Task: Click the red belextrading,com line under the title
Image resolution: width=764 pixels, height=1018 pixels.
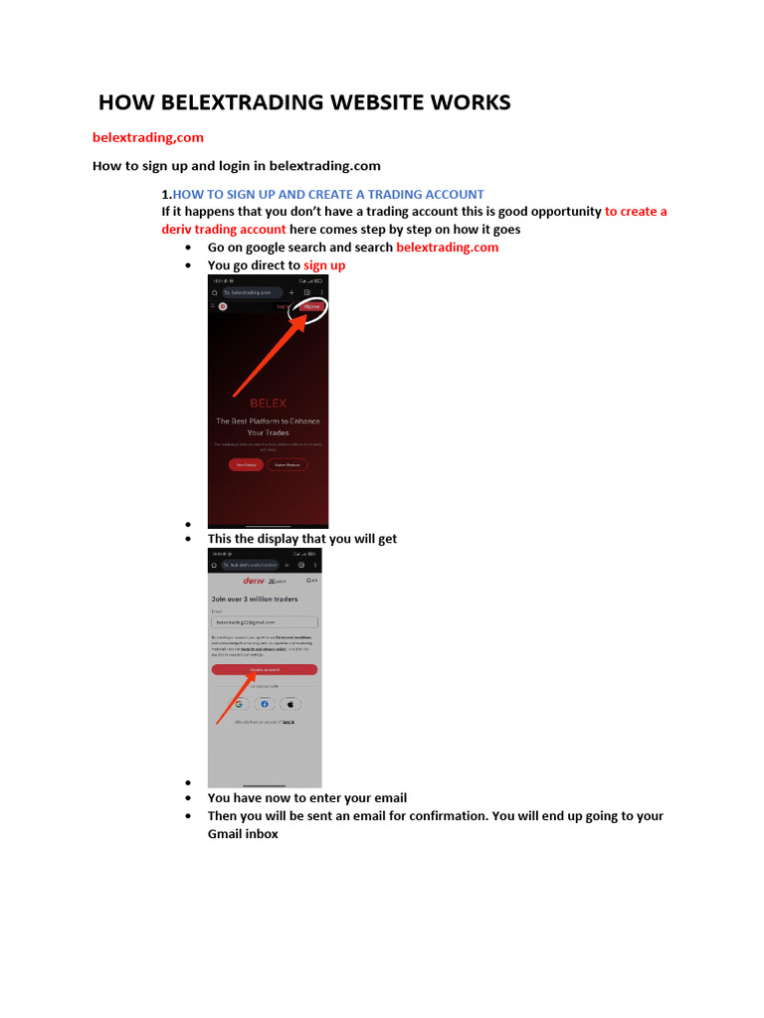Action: (148, 137)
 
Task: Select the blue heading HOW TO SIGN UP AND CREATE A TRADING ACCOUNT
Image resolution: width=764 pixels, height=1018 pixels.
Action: (328, 194)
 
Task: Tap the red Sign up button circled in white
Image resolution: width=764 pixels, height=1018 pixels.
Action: (311, 307)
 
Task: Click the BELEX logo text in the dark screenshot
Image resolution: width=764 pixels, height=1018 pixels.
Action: (268, 403)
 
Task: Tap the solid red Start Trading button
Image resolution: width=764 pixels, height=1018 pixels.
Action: (244, 464)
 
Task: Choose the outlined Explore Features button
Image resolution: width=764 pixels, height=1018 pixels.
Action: (286, 464)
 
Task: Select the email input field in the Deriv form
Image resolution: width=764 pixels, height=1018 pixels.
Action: (264, 621)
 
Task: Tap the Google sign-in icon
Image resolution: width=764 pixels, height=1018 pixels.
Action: (240, 704)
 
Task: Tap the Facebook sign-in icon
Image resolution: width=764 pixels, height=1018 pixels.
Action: (265, 704)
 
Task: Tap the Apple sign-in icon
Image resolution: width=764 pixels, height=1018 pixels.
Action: (289, 704)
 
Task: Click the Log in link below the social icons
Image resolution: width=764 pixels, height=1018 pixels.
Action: (288, 722)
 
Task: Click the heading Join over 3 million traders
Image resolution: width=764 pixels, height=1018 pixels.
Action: (254, 599)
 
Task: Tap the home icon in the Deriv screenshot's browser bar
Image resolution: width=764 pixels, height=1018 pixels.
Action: (214, 564)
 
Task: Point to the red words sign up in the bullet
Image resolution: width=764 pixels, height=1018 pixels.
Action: (324, 265)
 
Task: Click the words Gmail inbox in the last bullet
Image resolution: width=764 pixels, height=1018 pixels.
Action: (243, 834)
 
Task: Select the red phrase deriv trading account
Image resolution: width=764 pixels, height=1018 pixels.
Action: (224, 229)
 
